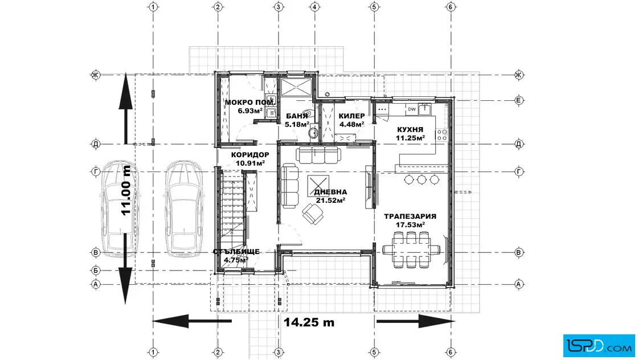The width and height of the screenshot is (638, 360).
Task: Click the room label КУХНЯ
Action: [x=410, y=130]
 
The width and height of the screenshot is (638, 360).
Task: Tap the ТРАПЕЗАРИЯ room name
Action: [x=410, y=216]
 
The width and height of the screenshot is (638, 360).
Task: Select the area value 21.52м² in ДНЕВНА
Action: [x=331, y=200]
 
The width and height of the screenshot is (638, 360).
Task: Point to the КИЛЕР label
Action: [x=351, y=116]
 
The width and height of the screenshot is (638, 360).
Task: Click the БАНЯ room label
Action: [x=297, y=116]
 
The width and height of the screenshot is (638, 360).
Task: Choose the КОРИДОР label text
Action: [x=250, y=155]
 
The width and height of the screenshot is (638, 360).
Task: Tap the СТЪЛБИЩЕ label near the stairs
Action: [x=236, y=252]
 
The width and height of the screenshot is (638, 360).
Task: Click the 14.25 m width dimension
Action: [x=309, y=322]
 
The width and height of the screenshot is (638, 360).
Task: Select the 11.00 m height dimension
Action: [x=126, y=190]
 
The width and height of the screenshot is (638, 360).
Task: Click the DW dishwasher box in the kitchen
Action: [x=412, y=109]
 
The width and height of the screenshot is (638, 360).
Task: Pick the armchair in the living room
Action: [x=313, y=214]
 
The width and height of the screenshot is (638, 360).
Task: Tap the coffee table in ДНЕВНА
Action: [x=318, y=186]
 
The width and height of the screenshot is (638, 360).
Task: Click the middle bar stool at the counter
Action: [x=422, y=179]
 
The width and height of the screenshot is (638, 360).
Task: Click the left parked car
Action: [x=120, y=208]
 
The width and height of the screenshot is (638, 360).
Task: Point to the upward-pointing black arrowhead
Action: [x=126, y=91]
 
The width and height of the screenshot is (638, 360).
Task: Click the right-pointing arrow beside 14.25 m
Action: [x=415, y=321]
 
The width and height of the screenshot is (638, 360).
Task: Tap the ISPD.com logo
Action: [x=599, y=346]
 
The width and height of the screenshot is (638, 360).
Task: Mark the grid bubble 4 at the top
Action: [x=314, y=7]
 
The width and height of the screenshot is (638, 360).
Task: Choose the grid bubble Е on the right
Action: [x=519, y=100]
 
